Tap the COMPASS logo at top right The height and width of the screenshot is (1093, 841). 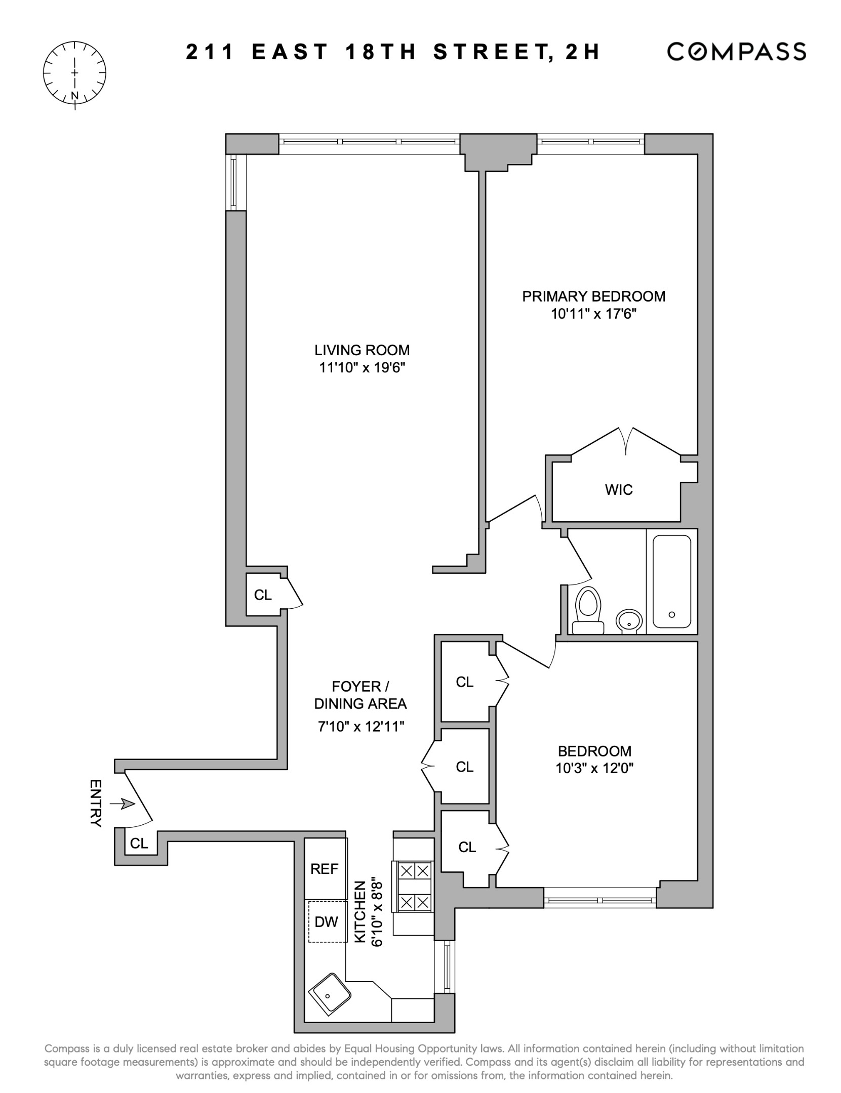pyautogui.click(x=736, y=52)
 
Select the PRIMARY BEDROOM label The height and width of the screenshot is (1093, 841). pyautogui.click(x=593, y=296)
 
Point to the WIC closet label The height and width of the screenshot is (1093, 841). pyautogui.click(x=618, y=490)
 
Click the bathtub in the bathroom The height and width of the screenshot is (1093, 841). pyautogui.click(x=671, y=581)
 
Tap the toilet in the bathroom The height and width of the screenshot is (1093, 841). pyautogui.click(x=588, y=610)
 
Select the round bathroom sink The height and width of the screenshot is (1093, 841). pyautogui.click(x=629, y=620)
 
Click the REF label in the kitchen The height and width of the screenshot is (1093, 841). pyautogui.click(x=324, y=869)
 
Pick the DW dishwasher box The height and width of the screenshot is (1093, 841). pyautogui.click(x=327, y=922)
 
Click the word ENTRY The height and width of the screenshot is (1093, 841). pyautogui.click(x=96, y=803)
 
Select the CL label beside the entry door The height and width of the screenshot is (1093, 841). pyautogui.click(x=139, y=844)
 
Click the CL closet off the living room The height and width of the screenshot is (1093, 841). pyautogui.click(x=263, y=595)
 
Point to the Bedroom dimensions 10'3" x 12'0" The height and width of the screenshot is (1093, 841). pyautogui.click(x=594, y=768)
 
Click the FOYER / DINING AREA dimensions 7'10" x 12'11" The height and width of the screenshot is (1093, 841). pyautogui.click(x=360, y=727)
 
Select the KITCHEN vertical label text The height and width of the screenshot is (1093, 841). pyautogui.click(x=359, y=912)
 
